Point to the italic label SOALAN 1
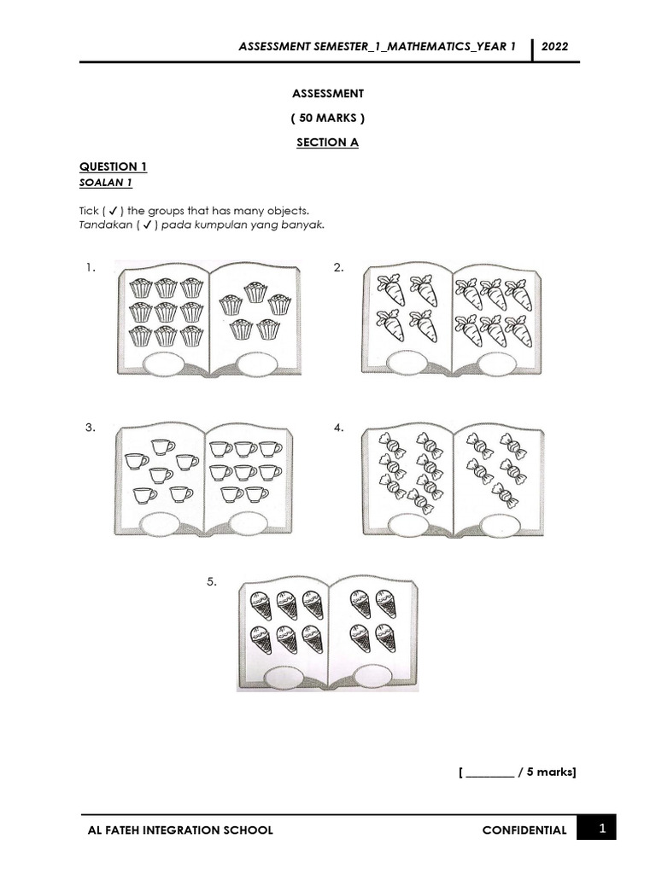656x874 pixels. click(106, 183)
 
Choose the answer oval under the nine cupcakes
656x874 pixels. click(163, 364)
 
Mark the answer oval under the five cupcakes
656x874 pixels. click(255, 364)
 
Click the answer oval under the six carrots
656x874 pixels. click(497, 364)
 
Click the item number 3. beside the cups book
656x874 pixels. click(91, 428)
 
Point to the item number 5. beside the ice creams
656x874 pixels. click(212, 582)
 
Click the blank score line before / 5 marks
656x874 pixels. click(490, 773)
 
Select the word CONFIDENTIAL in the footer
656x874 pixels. click(524, 830)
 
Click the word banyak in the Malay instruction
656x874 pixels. click(306, 225)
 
